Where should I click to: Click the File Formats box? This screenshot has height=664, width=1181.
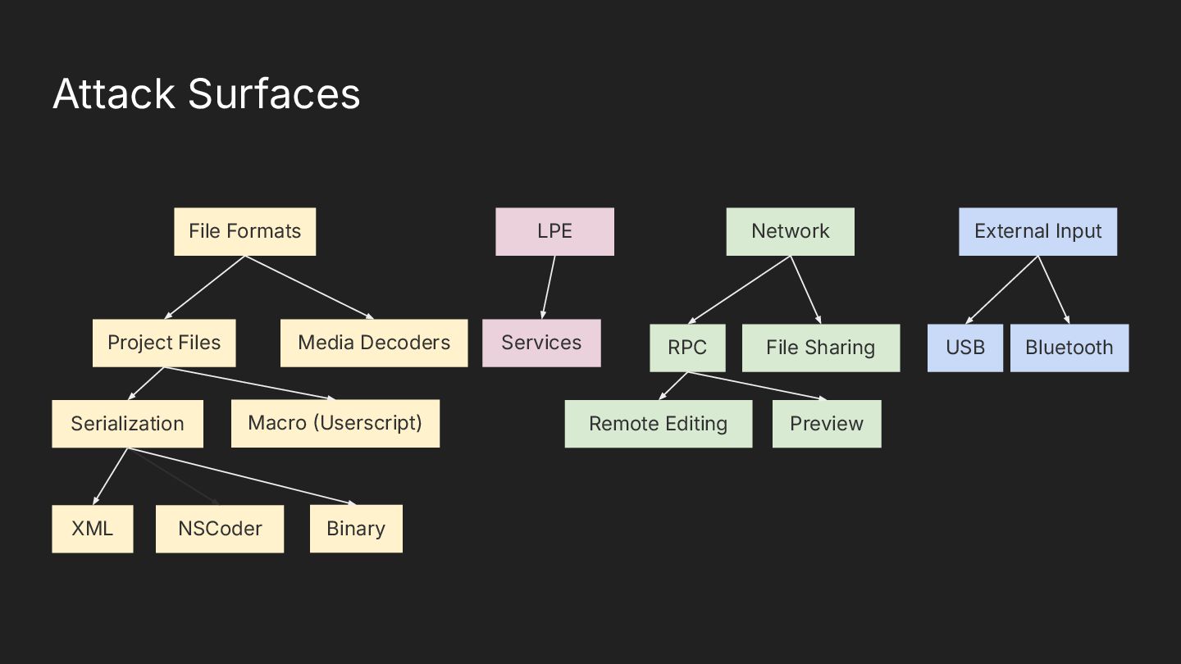point(244,231)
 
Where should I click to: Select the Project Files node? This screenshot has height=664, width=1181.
point(164,343)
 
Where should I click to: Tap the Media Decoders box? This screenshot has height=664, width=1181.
point(374,343)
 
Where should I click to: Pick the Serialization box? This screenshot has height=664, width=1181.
point(127,424)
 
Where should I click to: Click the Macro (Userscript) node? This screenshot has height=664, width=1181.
point(335,423)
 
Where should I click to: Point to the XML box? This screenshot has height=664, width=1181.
point(92,529)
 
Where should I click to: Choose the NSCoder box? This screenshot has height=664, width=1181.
point(220,529)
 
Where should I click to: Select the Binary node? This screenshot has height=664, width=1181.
point(356,529)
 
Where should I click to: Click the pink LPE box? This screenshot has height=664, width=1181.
point(554,231)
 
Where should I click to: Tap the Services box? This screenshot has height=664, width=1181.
point(541,343)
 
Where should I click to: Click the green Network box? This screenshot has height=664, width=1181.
point(790,231)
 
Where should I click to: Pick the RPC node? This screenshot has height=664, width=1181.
point(687,348)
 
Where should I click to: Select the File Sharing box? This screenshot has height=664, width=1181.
point(820,348)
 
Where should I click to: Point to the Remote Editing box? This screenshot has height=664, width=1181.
point(658,424)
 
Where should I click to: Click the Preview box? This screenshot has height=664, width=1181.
point(827,424)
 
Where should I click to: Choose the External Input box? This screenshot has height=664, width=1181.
point(1037,231)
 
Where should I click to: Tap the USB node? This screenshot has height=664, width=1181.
point(965,348)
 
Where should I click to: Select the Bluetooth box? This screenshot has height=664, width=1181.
point(1069,348)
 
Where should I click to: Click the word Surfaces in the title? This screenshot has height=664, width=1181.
point(274,93)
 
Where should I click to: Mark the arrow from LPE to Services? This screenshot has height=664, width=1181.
point(548,288)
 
